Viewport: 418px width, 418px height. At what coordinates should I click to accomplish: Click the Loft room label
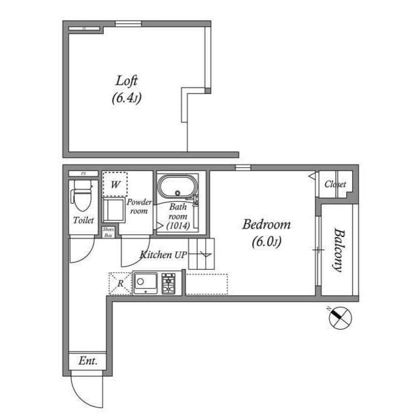click(127, 81)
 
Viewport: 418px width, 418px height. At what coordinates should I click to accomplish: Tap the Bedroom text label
click(266, 225)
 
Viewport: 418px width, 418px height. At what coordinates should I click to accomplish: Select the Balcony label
click(338, 249)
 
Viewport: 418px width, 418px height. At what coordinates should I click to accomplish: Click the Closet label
click(335, 185)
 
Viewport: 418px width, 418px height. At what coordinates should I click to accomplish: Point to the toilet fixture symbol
click(82, 194)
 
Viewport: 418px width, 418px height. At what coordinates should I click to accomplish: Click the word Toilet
click(83, 221)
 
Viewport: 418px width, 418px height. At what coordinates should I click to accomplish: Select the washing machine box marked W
click(115, 184)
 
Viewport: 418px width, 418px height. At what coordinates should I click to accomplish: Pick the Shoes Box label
click(108, 233)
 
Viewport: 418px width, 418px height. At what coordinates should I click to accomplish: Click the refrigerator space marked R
click(120, 283)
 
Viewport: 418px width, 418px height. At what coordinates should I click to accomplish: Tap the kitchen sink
click(146, 283)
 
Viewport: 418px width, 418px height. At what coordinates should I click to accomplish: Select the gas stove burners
click(169, 283)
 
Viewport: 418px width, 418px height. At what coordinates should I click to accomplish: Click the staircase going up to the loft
click(202, 254)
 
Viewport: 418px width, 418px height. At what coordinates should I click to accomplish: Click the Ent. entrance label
click(87, 361)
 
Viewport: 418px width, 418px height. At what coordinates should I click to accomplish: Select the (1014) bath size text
click(178, 225)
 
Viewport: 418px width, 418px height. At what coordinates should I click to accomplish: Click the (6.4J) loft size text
click(127, 99)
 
